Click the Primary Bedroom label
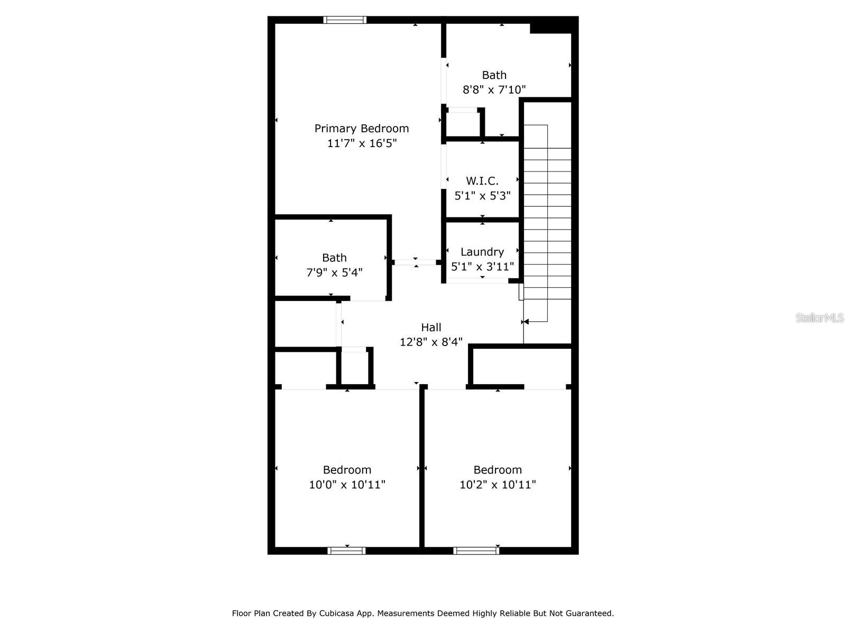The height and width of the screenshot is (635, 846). [x=362, y=129]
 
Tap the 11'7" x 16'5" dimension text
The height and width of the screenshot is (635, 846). [x=362, y=143]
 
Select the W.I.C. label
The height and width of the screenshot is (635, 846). [x=482, y=181]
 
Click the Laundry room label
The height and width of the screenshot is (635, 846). [x=482, y=252]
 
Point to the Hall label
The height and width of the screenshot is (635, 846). [x=431, y=328]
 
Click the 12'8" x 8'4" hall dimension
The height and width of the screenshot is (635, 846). [x=431, y=342]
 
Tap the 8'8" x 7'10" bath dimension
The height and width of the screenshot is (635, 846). [x=494, y=90]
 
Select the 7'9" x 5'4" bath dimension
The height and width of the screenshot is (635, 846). [x=334, y=273]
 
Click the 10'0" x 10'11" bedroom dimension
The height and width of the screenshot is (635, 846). [x=347, y=485]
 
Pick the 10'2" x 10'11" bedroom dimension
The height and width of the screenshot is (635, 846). [x=498, y=485]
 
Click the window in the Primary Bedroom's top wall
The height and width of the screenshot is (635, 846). [x=345, y=20]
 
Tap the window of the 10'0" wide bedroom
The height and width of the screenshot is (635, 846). [x=346, y=551]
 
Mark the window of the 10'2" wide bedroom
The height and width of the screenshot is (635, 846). [x=476, y=551]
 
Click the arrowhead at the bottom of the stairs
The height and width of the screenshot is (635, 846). [x=526, y=322]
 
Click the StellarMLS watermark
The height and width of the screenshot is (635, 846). [x=820, y=318]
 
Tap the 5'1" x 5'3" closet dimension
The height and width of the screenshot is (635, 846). [x=482, y=196]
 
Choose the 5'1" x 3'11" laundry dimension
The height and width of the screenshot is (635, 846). [x=482, y=267]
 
